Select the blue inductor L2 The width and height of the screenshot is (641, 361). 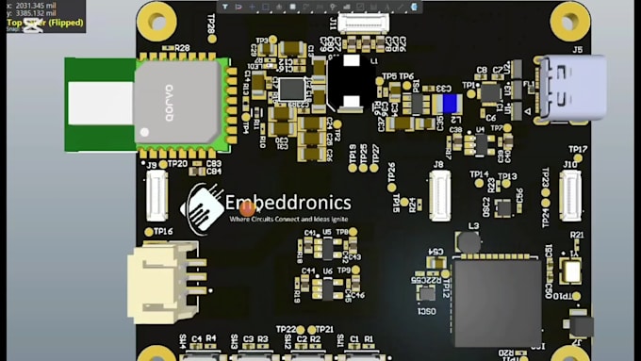tap(450, 104)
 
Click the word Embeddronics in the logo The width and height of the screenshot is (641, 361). tap(288, 203)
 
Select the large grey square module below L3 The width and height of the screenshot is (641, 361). tap(497, 302)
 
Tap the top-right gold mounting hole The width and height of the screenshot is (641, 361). tap(569, 16)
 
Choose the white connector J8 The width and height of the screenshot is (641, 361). tap(438, 196)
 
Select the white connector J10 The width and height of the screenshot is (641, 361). tap(569, 195)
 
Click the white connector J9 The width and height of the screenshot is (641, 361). tap(156, 196)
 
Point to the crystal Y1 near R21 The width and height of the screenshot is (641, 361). tap(571, 271)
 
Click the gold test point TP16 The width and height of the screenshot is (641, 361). tap(150, 231)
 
